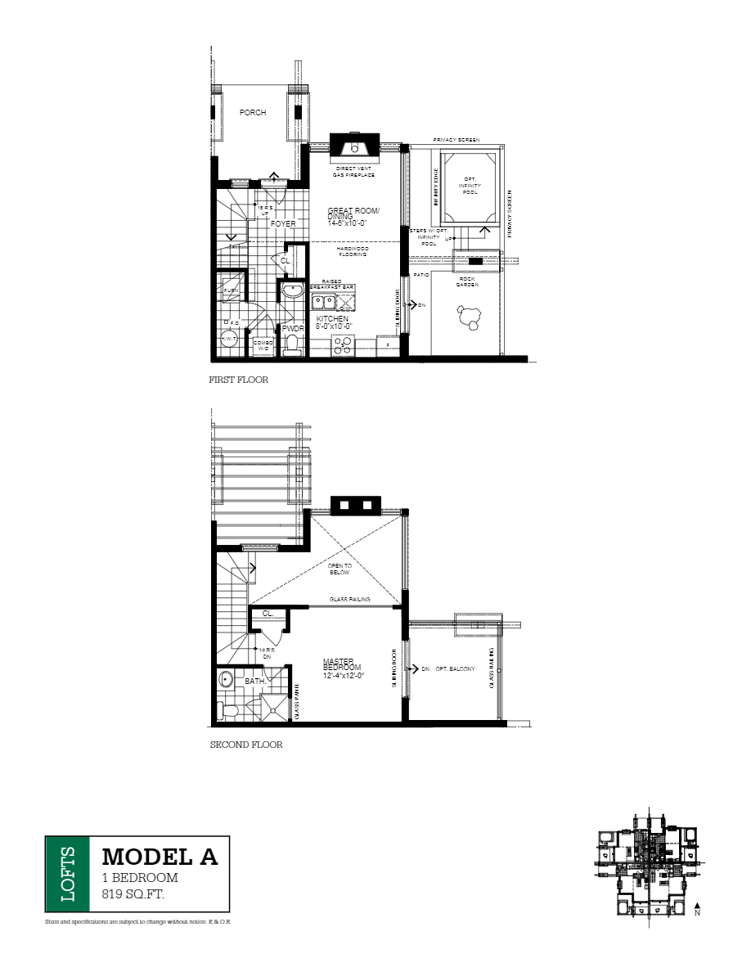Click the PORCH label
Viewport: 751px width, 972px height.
click(x=253, y=113)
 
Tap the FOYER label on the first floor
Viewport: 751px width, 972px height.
click(x=283, y=223)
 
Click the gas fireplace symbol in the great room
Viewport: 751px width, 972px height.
click(x=353, y=147)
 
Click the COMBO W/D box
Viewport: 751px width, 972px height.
click(x=263, y=346)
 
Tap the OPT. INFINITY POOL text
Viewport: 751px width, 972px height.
click(x=470, y=186)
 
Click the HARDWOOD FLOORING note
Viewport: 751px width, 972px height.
click(x=353, y=251)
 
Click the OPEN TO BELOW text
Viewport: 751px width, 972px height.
click(x=340, y=569)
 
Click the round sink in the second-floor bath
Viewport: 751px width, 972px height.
click(x=226, y=680)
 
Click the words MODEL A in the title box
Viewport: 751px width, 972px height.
click(x=160, y=857)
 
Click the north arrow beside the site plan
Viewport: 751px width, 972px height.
click(x=696, y=907)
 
